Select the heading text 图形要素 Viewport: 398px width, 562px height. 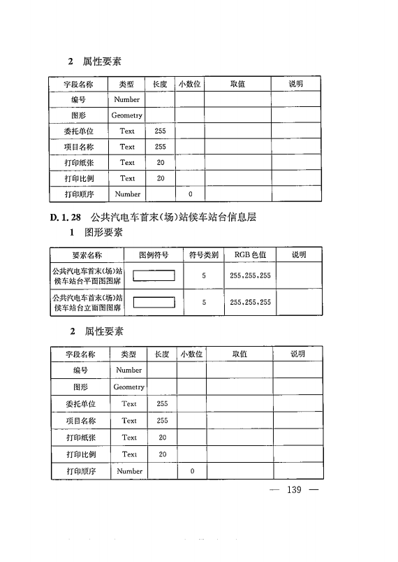click(x=104, y=232)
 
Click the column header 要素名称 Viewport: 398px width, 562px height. click(x=87, y=255)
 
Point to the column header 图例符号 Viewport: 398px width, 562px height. click(x=154, y=255)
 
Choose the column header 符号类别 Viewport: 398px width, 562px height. click(x=204, y=255)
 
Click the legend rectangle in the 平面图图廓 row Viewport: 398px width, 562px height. click(x=154, y=275)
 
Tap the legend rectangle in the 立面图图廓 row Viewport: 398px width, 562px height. click(x=154, y=303)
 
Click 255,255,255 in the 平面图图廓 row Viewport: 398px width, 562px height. click(x=250, y=276)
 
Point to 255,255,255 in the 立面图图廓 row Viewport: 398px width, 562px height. click(x=250, y=303)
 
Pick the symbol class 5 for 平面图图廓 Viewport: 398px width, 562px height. click(x=204, y=276)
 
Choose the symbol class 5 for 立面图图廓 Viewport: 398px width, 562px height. click(x=204, y=303)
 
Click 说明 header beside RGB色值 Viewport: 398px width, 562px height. click(x=299, y=255)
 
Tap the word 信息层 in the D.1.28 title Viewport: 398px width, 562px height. click(x=242, y=217)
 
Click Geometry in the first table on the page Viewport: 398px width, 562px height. click(x=126, y=115)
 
